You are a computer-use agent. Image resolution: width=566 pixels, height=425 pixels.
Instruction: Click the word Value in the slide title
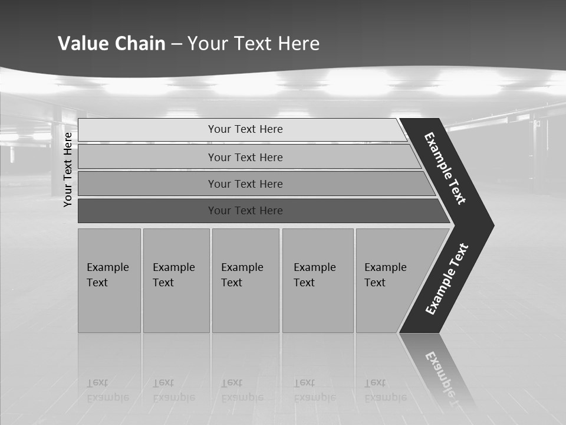pyautogui.click(x=81, y=43)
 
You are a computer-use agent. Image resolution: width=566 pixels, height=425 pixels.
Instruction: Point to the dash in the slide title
pyautogui.click(x=176, y=44)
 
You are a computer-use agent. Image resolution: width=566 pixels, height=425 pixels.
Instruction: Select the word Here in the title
pyautogui.click(x=298, y=43)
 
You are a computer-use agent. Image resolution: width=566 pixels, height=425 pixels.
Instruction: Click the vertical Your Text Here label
pyautogui.click(x=68, y=169)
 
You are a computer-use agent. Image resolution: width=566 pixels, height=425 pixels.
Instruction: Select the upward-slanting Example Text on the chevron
pyautogui.click(x=447, y=279)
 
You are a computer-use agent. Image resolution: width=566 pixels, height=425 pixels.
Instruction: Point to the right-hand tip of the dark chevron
pyautogui.click(x=492, y=225)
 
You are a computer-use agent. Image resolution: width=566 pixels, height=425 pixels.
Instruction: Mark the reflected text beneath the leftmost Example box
pyautogui.click(x=107, y=390)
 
